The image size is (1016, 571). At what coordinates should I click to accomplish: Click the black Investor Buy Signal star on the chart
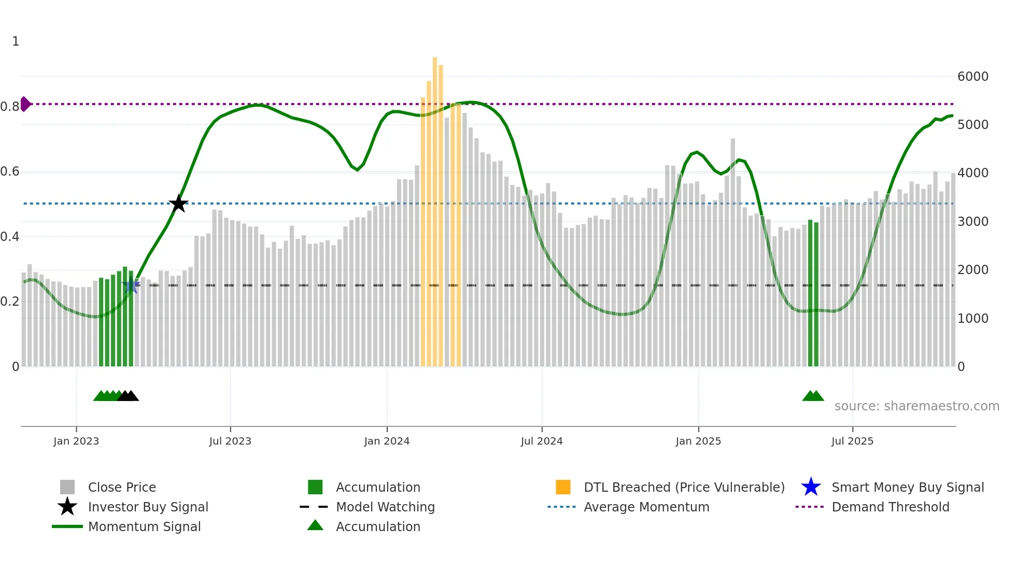[178, 204]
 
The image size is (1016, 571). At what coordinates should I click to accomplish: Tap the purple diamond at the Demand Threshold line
[25, 104]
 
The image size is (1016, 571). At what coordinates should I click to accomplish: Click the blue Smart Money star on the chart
[131, 285]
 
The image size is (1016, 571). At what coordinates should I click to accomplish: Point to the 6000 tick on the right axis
[972, 77]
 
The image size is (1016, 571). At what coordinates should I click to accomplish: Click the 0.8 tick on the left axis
[10, 107]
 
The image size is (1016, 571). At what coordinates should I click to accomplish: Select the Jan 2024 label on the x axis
[387, 441]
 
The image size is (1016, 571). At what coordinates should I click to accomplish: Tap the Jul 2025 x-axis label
[852, 441]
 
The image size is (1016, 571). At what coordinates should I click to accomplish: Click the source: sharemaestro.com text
[916, 406]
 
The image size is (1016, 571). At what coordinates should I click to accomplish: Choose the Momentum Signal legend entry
[144, 526]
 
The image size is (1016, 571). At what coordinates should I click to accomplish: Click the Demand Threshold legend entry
[890, 507]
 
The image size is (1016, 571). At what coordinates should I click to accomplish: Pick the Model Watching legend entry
[385, 507]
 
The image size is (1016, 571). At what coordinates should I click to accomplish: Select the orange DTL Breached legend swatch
[563, 487]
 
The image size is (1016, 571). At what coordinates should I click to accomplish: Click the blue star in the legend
[811, 487]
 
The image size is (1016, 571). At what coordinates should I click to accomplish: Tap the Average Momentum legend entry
[646, 507]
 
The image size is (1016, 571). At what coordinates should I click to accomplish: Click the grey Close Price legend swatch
[67, 487]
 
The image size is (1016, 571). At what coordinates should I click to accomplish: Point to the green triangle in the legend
[315, 525]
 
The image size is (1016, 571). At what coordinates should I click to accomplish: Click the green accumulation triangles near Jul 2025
[813, 396]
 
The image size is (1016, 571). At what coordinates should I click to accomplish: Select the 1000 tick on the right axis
[972, 319]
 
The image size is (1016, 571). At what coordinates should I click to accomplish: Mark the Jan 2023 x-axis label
[76, 441]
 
